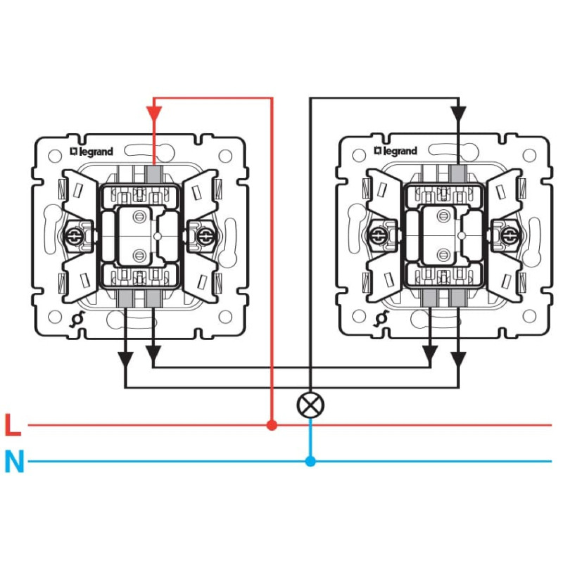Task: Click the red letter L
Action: [x=13, y=426]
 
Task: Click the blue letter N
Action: [x=14, y=462]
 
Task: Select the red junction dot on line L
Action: [x=272, y=426]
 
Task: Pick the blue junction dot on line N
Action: [x=310, y=462]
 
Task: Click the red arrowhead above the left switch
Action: [x=154, y=113]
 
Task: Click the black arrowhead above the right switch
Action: [x=458, y=113]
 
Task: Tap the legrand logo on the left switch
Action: [x=92, y=152]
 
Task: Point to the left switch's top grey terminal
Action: [x=154, y=174]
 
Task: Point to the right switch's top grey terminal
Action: [x=458, y=174]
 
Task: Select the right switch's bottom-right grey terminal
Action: [x=458, y=298]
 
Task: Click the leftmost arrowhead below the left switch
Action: [x=125, y=358]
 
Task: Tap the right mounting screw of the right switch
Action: [x=508, y=234]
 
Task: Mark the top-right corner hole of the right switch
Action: [x=529, y=155]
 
